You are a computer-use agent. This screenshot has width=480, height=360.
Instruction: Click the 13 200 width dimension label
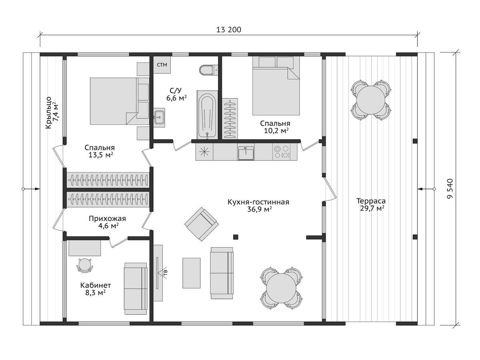pos(228,30)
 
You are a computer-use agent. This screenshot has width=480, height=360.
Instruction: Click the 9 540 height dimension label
pos(450,188)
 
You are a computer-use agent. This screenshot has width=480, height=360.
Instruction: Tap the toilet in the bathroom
pos(208,70)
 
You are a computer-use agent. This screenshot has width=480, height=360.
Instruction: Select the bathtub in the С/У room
pos(207,115)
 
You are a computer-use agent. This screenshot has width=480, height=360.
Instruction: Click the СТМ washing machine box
pos(162,65)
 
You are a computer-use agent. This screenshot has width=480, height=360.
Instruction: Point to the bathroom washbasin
pos(159,117)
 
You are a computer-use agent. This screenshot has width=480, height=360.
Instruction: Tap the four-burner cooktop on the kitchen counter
pos(282,152)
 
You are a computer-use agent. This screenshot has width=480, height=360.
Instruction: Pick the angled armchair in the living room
pos(202,224)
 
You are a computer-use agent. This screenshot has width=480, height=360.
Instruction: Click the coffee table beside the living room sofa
pos(191,273)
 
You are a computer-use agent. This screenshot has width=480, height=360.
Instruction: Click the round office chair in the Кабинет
pos(85,265)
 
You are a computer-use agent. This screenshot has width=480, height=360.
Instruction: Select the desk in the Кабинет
pos(85,248)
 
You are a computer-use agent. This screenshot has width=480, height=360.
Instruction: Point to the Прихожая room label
pos(107,218)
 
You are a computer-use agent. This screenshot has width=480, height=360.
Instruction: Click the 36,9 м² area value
pos(259,209)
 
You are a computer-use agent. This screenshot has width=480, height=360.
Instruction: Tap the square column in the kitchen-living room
pos(236,237)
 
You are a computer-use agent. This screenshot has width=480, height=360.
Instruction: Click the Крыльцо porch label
pos(48,113)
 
